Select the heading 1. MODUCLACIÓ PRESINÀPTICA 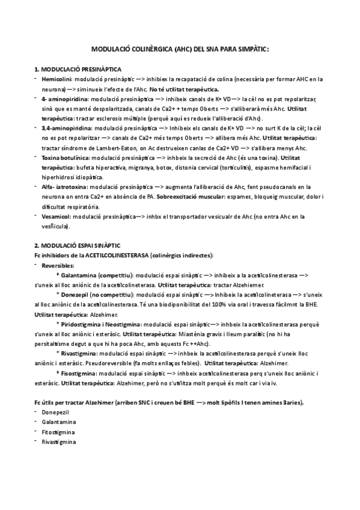pos(79,69)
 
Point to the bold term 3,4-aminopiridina pos(67,128)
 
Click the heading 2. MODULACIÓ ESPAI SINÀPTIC pos(78,245)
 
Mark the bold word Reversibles pos(59,265)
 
